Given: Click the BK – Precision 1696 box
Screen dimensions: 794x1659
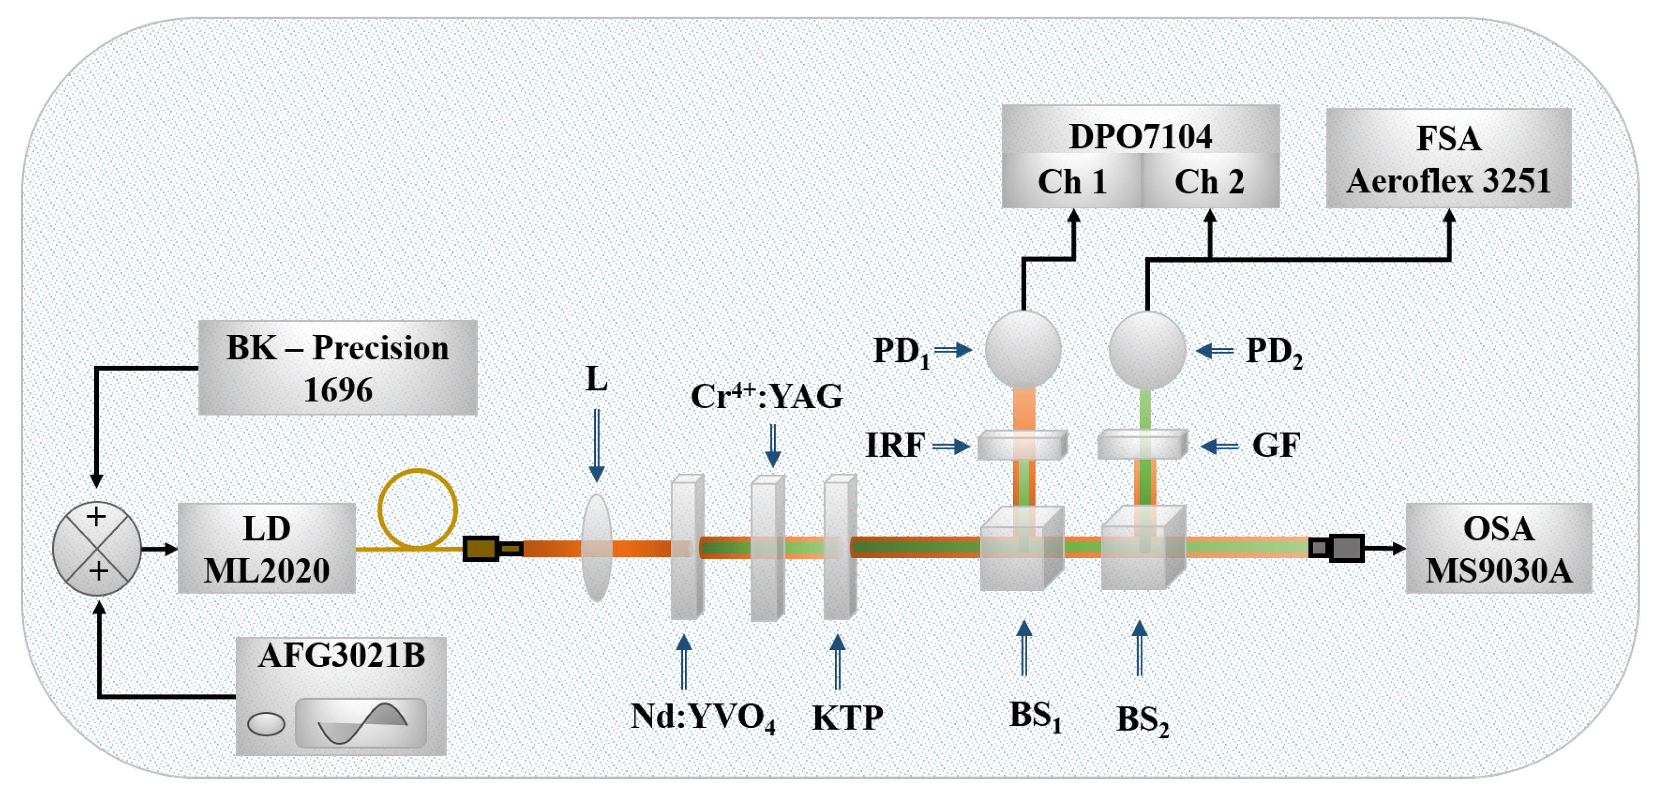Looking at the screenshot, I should click(338, 368).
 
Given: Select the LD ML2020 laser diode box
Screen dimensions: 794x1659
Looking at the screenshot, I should click(266, 548).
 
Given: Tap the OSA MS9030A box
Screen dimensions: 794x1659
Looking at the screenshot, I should click(1498, 548).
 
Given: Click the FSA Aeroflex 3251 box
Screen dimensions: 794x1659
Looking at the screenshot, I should click(1449, 158).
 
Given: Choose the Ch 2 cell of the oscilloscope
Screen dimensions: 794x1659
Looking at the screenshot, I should click(1209, 181).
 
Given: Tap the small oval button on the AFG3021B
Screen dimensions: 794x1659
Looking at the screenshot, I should click(266, 723).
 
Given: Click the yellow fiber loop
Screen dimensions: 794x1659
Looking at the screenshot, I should click(417, 509).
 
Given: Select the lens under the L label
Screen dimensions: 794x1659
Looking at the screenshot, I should click(596, 548).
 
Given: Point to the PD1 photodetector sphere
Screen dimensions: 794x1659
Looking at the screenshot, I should click(1024, 350).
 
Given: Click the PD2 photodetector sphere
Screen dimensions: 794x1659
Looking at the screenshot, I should click(1147, 350).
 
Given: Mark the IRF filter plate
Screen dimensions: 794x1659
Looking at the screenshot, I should click(1022, 445).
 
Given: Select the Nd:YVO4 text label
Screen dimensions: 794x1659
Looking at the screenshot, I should click(703, 717).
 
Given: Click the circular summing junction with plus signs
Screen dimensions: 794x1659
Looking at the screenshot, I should click(96, 548).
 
